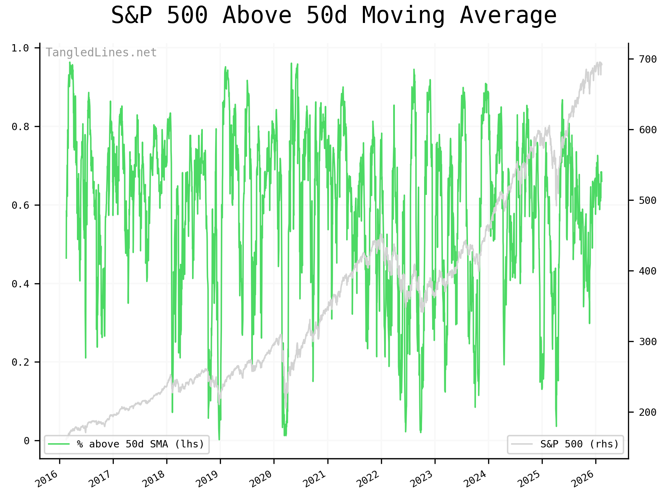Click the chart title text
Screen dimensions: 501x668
click(x=334, y=16)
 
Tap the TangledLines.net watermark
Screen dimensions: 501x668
click(x=101, y=53)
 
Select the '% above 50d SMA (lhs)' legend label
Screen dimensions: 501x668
click(x=141, y=444)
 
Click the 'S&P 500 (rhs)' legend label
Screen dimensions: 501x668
click(x=580, y=444)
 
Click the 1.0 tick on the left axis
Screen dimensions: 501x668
click(x=20, y=48)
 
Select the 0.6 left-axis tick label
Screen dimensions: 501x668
click(x=20, y=205)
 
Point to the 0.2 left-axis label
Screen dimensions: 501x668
click(x=20, y=362)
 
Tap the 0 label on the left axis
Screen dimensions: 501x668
click(x=26, y=441)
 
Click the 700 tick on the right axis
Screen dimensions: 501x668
click(x=648, y=59)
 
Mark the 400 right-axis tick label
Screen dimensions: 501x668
click(x=648, y=271)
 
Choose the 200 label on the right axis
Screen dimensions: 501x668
click(x=648, y=412)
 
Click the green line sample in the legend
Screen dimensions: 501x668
click(x=59, y=444)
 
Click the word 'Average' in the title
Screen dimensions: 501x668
click(x=508, y=16)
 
